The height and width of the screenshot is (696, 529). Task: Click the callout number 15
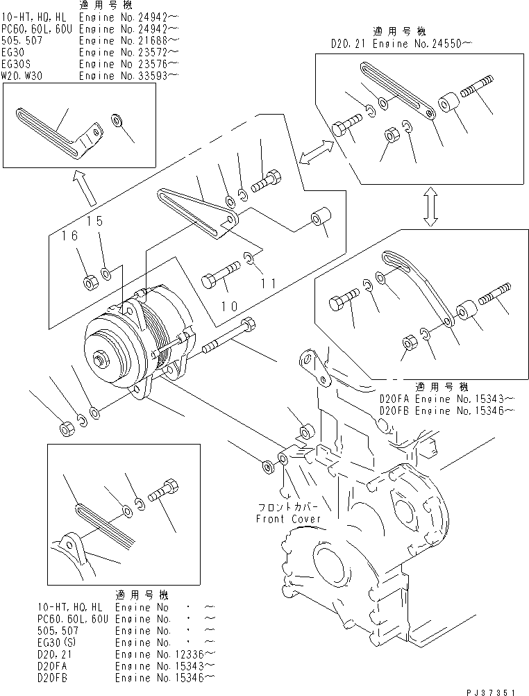click(x=95, y=222)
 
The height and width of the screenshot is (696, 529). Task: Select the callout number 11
click(x=269, y=283)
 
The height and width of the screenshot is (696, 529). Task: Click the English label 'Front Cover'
click(x=288, y=519)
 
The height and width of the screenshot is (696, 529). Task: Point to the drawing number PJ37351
click(x=492, y=691)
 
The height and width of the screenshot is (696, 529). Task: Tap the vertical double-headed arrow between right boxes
click(x=430, y=206)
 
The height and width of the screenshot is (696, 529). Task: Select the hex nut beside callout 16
click(x=90, y=282)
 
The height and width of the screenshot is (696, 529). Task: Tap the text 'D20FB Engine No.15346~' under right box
click(x=446, y=411)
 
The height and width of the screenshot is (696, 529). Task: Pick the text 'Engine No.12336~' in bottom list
click(x=164, y=654)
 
